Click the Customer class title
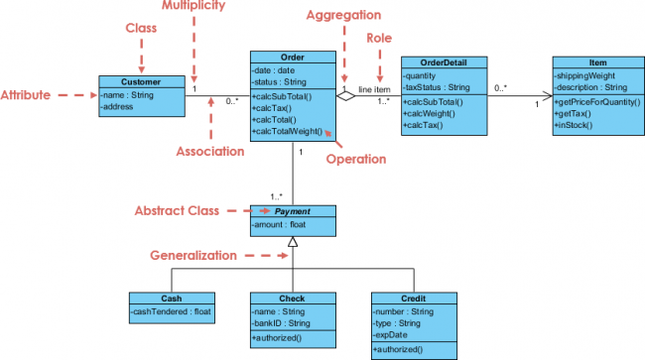tap(142, 82)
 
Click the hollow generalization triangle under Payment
tap(293, 242)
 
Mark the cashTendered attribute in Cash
tap(172, 311)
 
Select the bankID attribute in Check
tap(281, 322)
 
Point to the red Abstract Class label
tap(177, 210)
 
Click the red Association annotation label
tap(211, 152)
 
